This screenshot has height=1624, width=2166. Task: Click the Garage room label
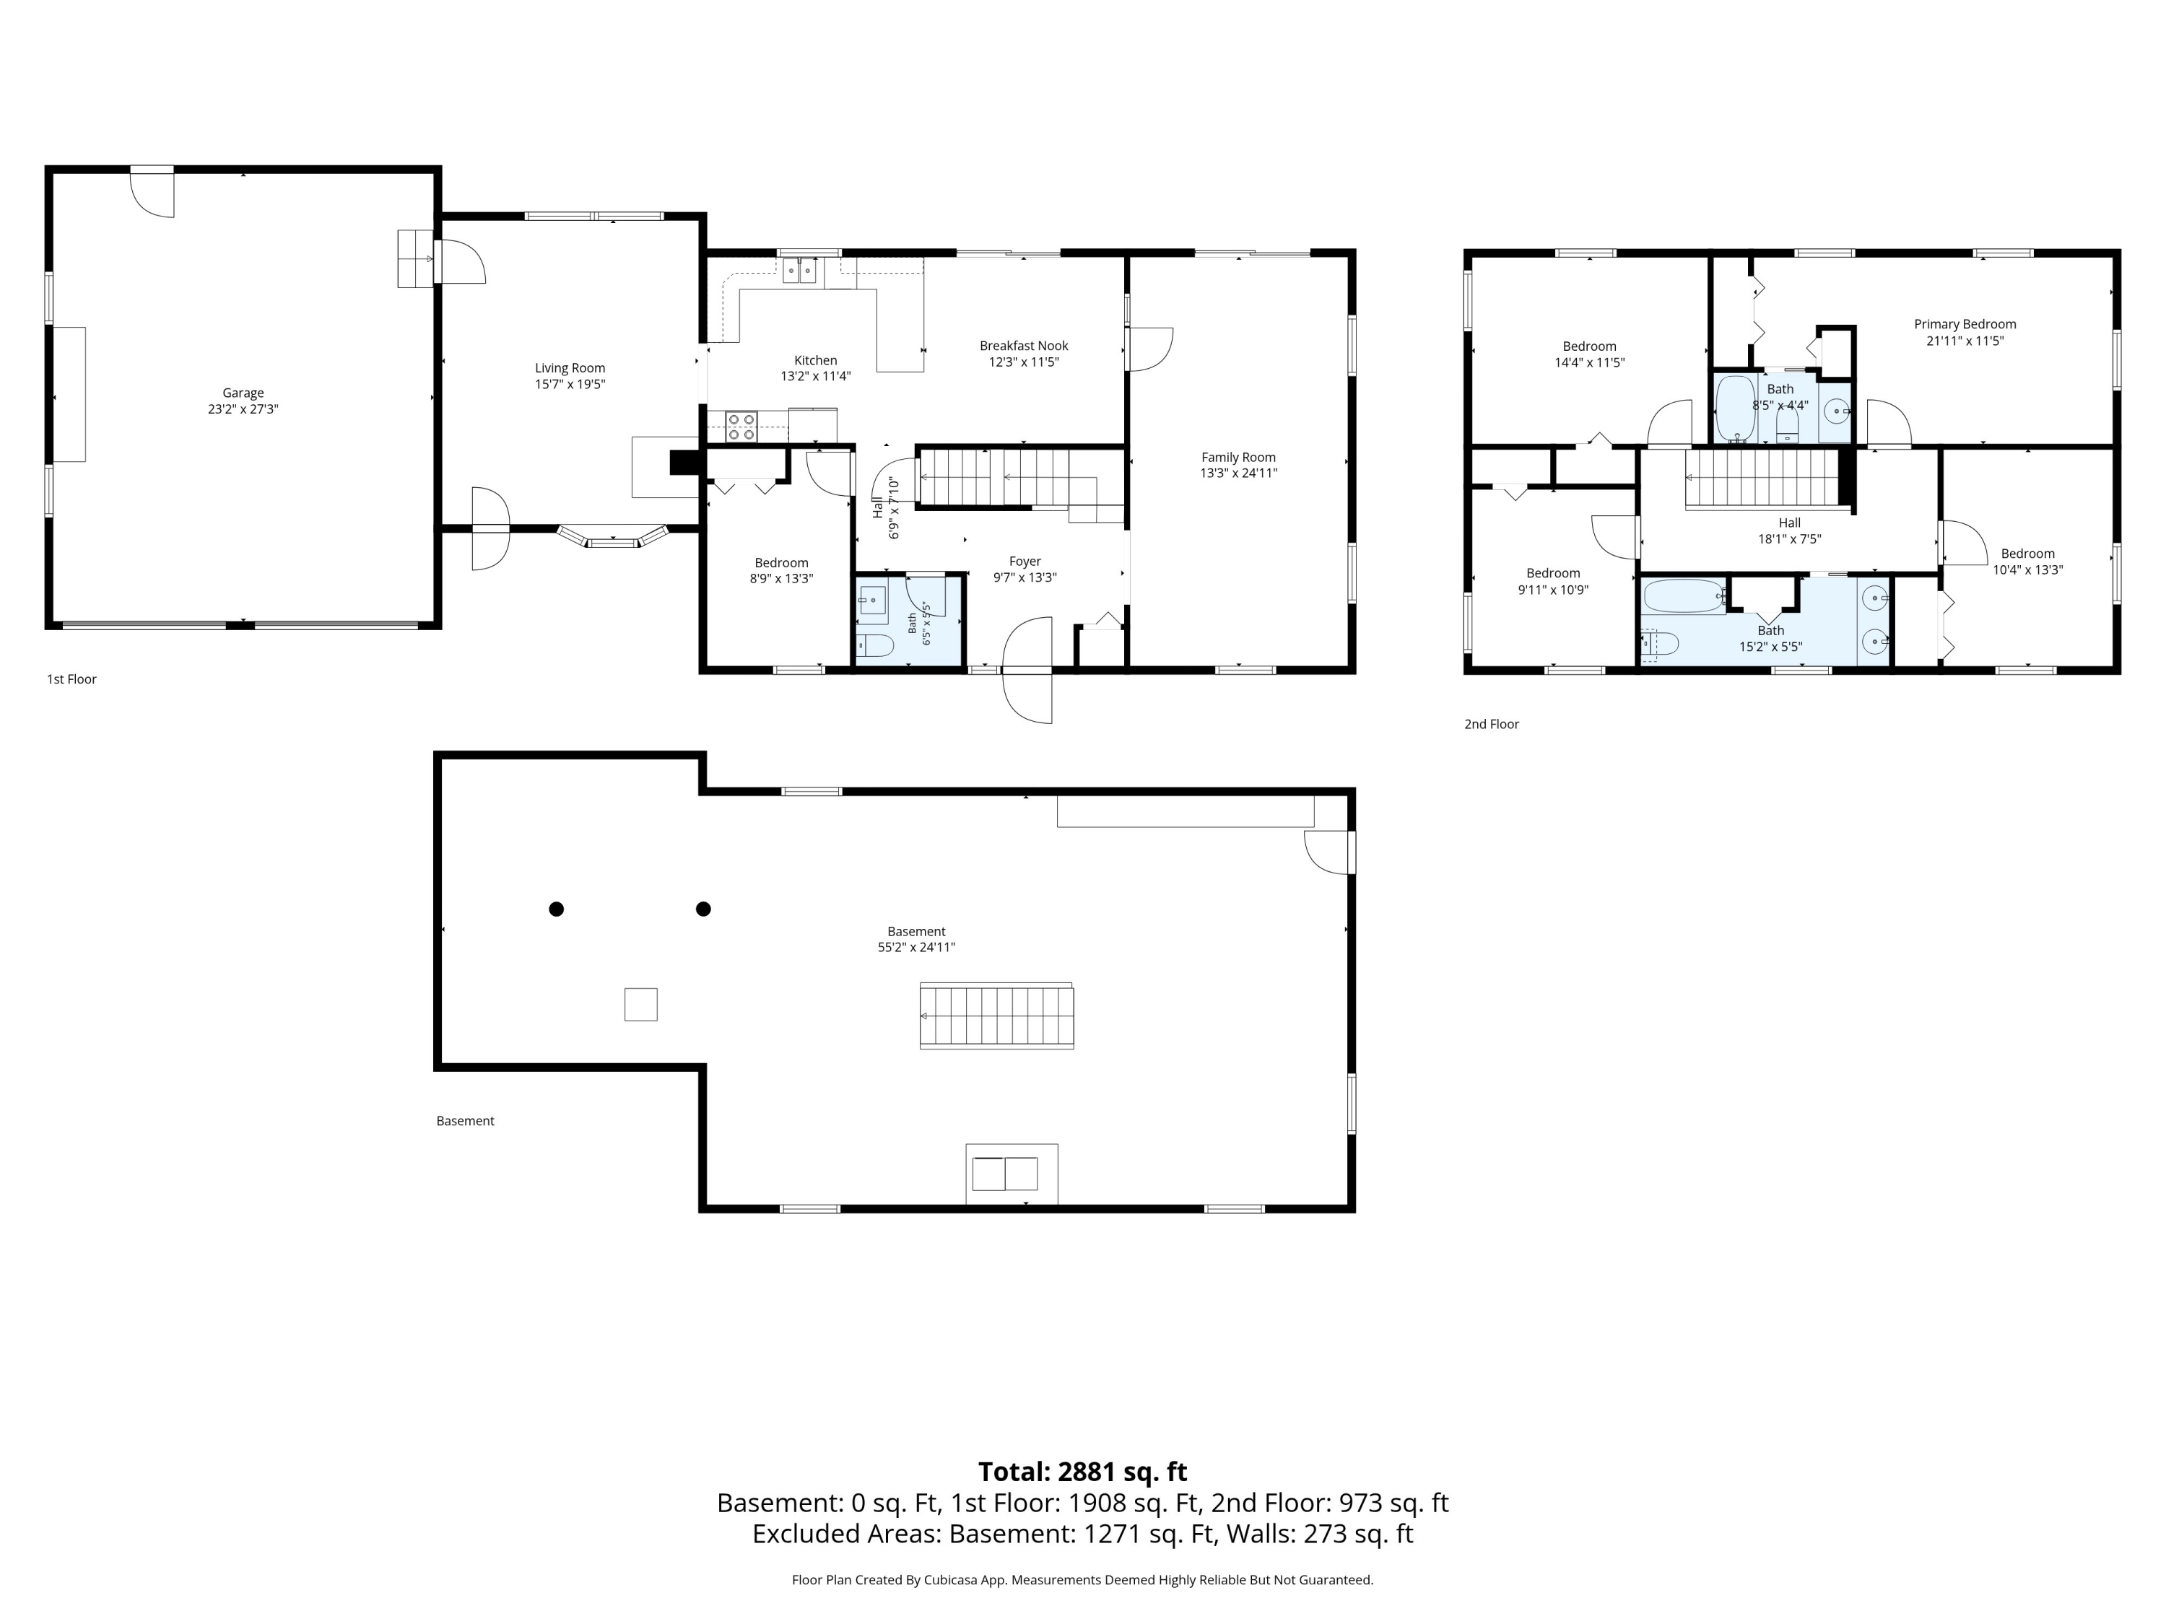tap(243, 393)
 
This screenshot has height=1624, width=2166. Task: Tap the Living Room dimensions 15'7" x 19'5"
tap(570, 385)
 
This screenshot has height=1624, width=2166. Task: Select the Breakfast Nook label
tap(1025, 346)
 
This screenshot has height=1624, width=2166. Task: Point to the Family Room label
tap(1239, 457)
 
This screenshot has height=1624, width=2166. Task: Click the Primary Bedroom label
tap(1965, 324)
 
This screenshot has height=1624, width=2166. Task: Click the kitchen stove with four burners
tap(741, 427)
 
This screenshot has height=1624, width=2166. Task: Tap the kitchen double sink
tap(800, 270)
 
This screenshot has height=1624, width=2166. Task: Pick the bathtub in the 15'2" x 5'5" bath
tap(1684, 596)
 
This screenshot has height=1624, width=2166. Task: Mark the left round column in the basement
tap(556, 909)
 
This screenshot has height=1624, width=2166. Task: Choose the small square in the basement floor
tap(641, 1005)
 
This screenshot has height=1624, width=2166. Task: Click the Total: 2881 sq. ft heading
tap(1082, 1471)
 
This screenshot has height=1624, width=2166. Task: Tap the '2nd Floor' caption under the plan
tap(1492, 725)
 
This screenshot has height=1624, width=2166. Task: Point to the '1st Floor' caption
tap(71, 679)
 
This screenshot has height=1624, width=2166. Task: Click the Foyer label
tap(1025, 562)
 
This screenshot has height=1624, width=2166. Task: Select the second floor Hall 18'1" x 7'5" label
tap(1790, 531)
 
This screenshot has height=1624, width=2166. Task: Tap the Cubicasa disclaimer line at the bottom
tap(1082, 1580)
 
